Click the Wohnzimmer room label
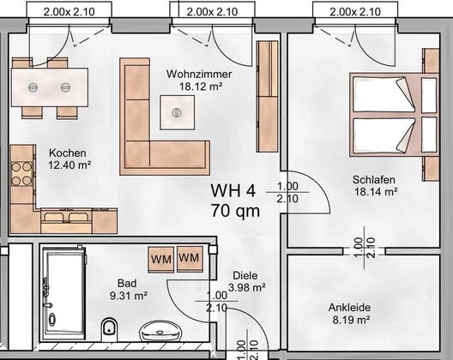point(199,75)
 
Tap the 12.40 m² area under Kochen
point(69,165)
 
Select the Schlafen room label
point(374,180)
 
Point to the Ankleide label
point(349,308)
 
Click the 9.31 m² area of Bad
point(129,296)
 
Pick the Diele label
point(245,275)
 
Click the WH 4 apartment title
point(233,191)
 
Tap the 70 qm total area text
point(235,211)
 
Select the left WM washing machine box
point(161,259)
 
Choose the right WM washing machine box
point(190,258)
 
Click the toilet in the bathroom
point(109,330)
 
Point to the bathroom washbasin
point(160,331)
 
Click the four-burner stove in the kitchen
point(21,174)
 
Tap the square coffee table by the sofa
point(178,112)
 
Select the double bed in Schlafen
point(394,115)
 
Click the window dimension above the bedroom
point(355,12)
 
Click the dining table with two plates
point(50,87)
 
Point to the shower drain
point(52,320)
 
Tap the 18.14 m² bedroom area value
point(376,192)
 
